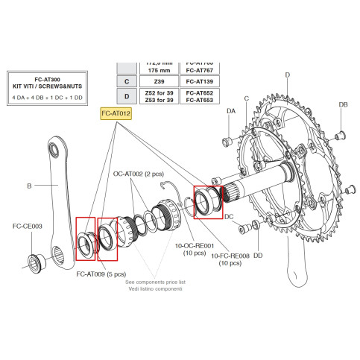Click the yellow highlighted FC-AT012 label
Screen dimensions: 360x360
116,113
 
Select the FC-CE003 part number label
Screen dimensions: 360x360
28,225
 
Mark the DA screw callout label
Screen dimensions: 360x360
231,110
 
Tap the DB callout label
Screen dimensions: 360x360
344,105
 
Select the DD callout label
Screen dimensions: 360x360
258,256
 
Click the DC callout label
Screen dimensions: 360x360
230,217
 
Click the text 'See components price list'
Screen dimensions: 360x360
155,282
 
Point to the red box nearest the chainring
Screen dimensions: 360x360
205,202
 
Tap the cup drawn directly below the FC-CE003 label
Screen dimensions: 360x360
35,260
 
